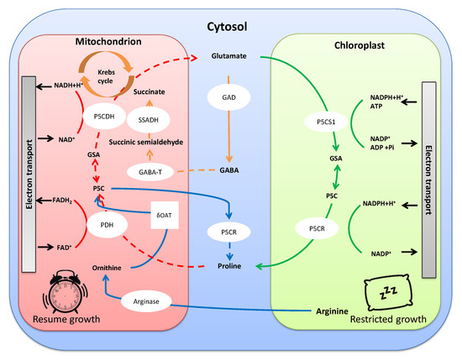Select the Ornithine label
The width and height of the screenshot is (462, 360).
[x=108, y=268]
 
